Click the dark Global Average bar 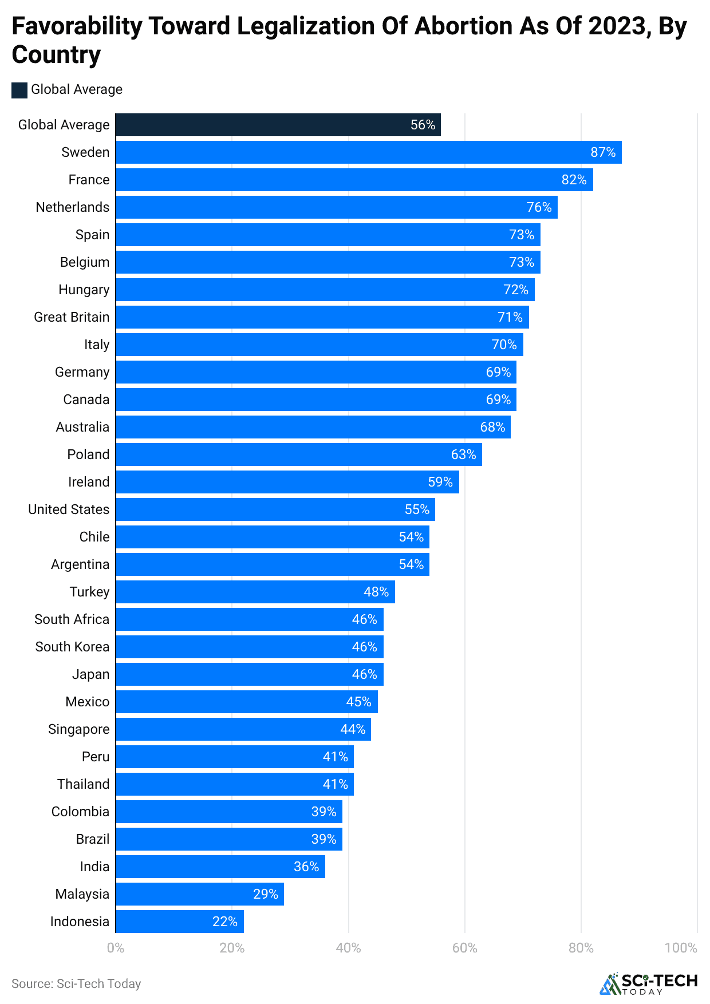click(x=278, y=125)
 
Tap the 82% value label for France click(x=574, y=180)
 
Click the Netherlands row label click(x=72, y=207)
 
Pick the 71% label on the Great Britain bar click(x=510, y=317)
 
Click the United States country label click(x=69, y=509)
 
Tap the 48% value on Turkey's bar click(x=376, y=592)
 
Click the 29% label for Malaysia click(x=266, y=894)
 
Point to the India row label click(x=94, y=867)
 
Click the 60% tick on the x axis click(x=464, y=948)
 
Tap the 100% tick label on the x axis click(x=680, y=948)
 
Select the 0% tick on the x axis click(x=116, y=948)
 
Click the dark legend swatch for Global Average click(x=19, y=90)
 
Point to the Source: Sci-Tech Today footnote click(x=76, y=983)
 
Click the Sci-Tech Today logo click(x=648, y=983)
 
